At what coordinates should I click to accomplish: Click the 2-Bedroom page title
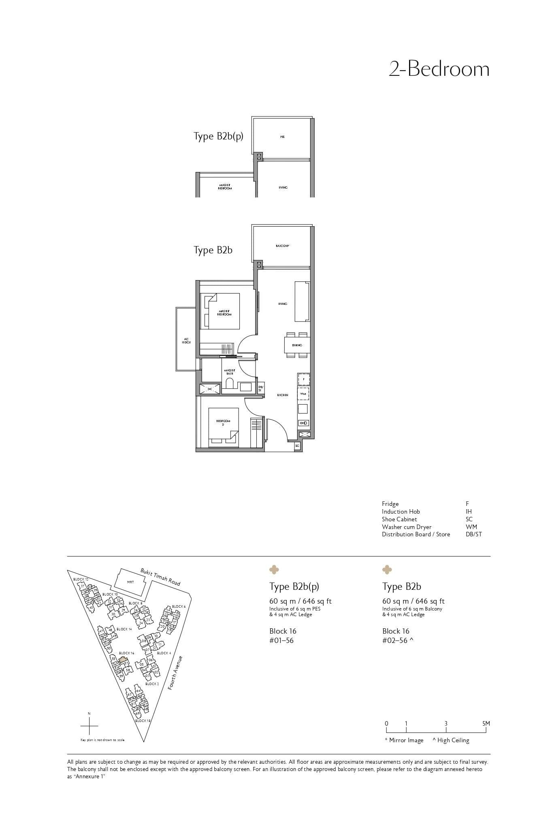(439, 69)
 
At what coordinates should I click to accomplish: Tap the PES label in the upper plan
(282, 137)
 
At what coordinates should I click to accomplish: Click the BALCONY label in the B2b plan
(282, 246)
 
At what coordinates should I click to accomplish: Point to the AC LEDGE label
(186, 341)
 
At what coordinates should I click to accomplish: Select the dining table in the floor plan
(297, 345)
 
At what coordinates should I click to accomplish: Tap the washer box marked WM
(303, 394)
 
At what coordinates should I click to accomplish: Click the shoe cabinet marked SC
(297, 446)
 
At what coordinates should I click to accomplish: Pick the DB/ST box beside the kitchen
(260, 388)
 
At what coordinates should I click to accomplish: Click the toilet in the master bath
(229, 384)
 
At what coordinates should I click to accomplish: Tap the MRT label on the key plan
(130, 582)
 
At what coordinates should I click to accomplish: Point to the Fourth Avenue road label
(175, 673)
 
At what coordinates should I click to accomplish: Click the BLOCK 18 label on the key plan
(143, 721)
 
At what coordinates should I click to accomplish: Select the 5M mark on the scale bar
(486, 724)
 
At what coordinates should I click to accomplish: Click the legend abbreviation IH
(469, 512)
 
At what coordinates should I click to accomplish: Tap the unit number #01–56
(281, 640)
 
